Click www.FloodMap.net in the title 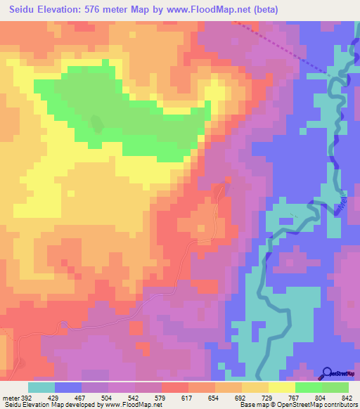tap(212, 10)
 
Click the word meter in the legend tap(10, 397)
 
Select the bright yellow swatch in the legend tap(282, 387)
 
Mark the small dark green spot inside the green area tap(96, 123)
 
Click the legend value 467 tap(79, 397)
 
